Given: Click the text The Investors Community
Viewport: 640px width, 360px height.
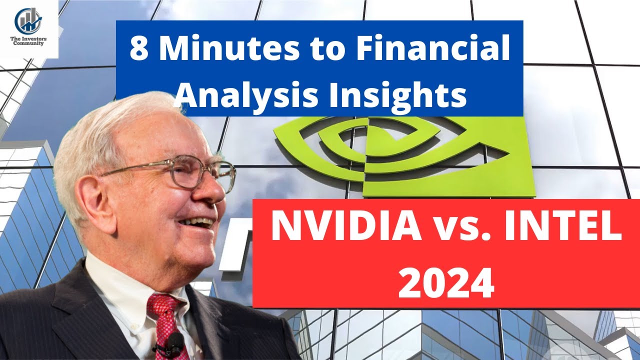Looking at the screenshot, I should point(29,41).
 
